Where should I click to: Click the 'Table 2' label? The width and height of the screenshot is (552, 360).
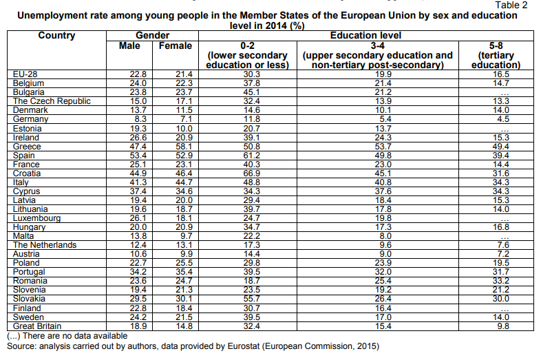511,5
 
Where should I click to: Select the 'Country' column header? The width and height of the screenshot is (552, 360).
56,36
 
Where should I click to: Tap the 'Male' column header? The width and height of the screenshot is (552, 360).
129,45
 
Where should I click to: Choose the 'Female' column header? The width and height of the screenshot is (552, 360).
176,45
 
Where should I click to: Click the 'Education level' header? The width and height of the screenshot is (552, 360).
365,36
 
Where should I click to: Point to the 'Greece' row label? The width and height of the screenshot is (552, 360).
27,147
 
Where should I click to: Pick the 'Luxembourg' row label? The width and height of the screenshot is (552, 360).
36,218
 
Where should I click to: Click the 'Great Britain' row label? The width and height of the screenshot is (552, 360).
37,326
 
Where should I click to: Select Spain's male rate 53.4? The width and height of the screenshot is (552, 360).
138,156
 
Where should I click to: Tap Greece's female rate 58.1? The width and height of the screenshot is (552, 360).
184,147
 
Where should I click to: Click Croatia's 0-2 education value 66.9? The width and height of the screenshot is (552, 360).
251,173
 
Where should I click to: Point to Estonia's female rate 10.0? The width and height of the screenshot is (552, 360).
184,129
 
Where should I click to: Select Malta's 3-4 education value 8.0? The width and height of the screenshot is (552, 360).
385,236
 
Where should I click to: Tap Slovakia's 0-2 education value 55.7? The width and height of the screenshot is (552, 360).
251,299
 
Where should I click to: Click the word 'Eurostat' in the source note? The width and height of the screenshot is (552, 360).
243,346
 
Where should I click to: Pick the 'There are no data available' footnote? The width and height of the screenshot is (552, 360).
74,336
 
